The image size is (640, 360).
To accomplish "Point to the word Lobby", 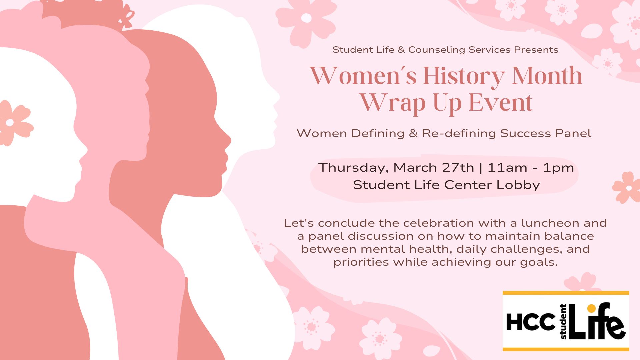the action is [518, 185].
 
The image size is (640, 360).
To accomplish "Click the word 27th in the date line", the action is [458, 167].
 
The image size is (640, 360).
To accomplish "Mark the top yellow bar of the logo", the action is [566, 293].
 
